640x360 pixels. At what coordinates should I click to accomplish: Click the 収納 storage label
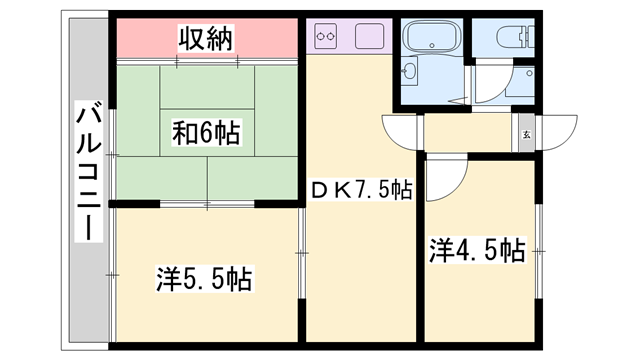pos(207,39)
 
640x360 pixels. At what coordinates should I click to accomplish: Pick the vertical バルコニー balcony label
pos(88,170)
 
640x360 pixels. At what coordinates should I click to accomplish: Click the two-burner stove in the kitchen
pos(325,39)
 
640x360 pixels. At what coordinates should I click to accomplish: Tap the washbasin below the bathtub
pos(412,71)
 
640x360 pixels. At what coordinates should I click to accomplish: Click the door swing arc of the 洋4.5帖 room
pos(446,176)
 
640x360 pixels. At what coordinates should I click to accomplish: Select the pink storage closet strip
pos(207,40)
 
